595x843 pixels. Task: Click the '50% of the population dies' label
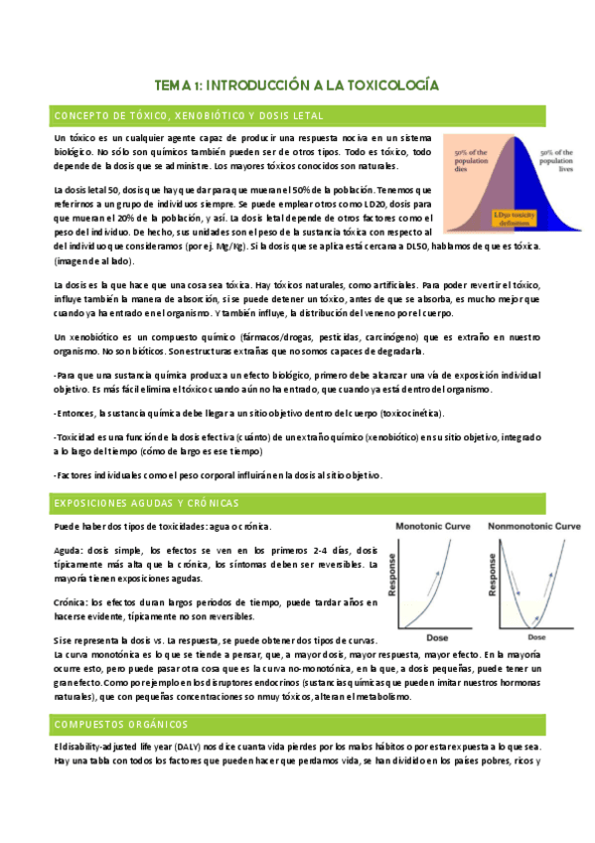point(471,159)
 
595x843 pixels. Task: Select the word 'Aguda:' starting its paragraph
point(70,550)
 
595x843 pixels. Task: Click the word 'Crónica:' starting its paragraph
point(72,601)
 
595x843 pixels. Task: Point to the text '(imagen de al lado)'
point(92,261)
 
